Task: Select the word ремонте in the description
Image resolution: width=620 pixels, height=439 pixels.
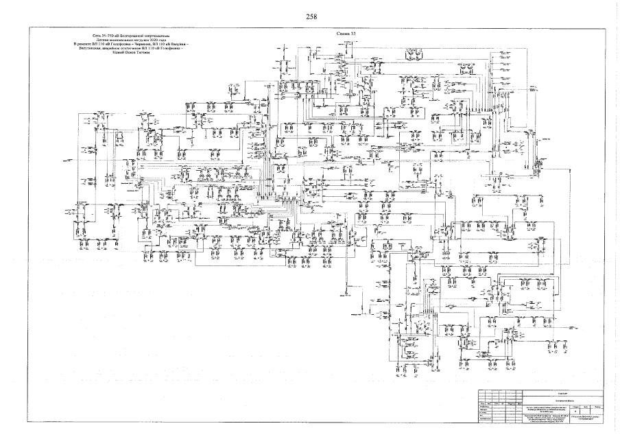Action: coord(88,43)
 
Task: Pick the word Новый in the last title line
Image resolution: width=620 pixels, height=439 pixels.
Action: coord(117,53)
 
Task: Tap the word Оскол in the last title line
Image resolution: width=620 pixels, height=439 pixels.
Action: coord(130,53)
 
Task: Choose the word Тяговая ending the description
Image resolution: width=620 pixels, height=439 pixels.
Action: coord(144,53)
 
